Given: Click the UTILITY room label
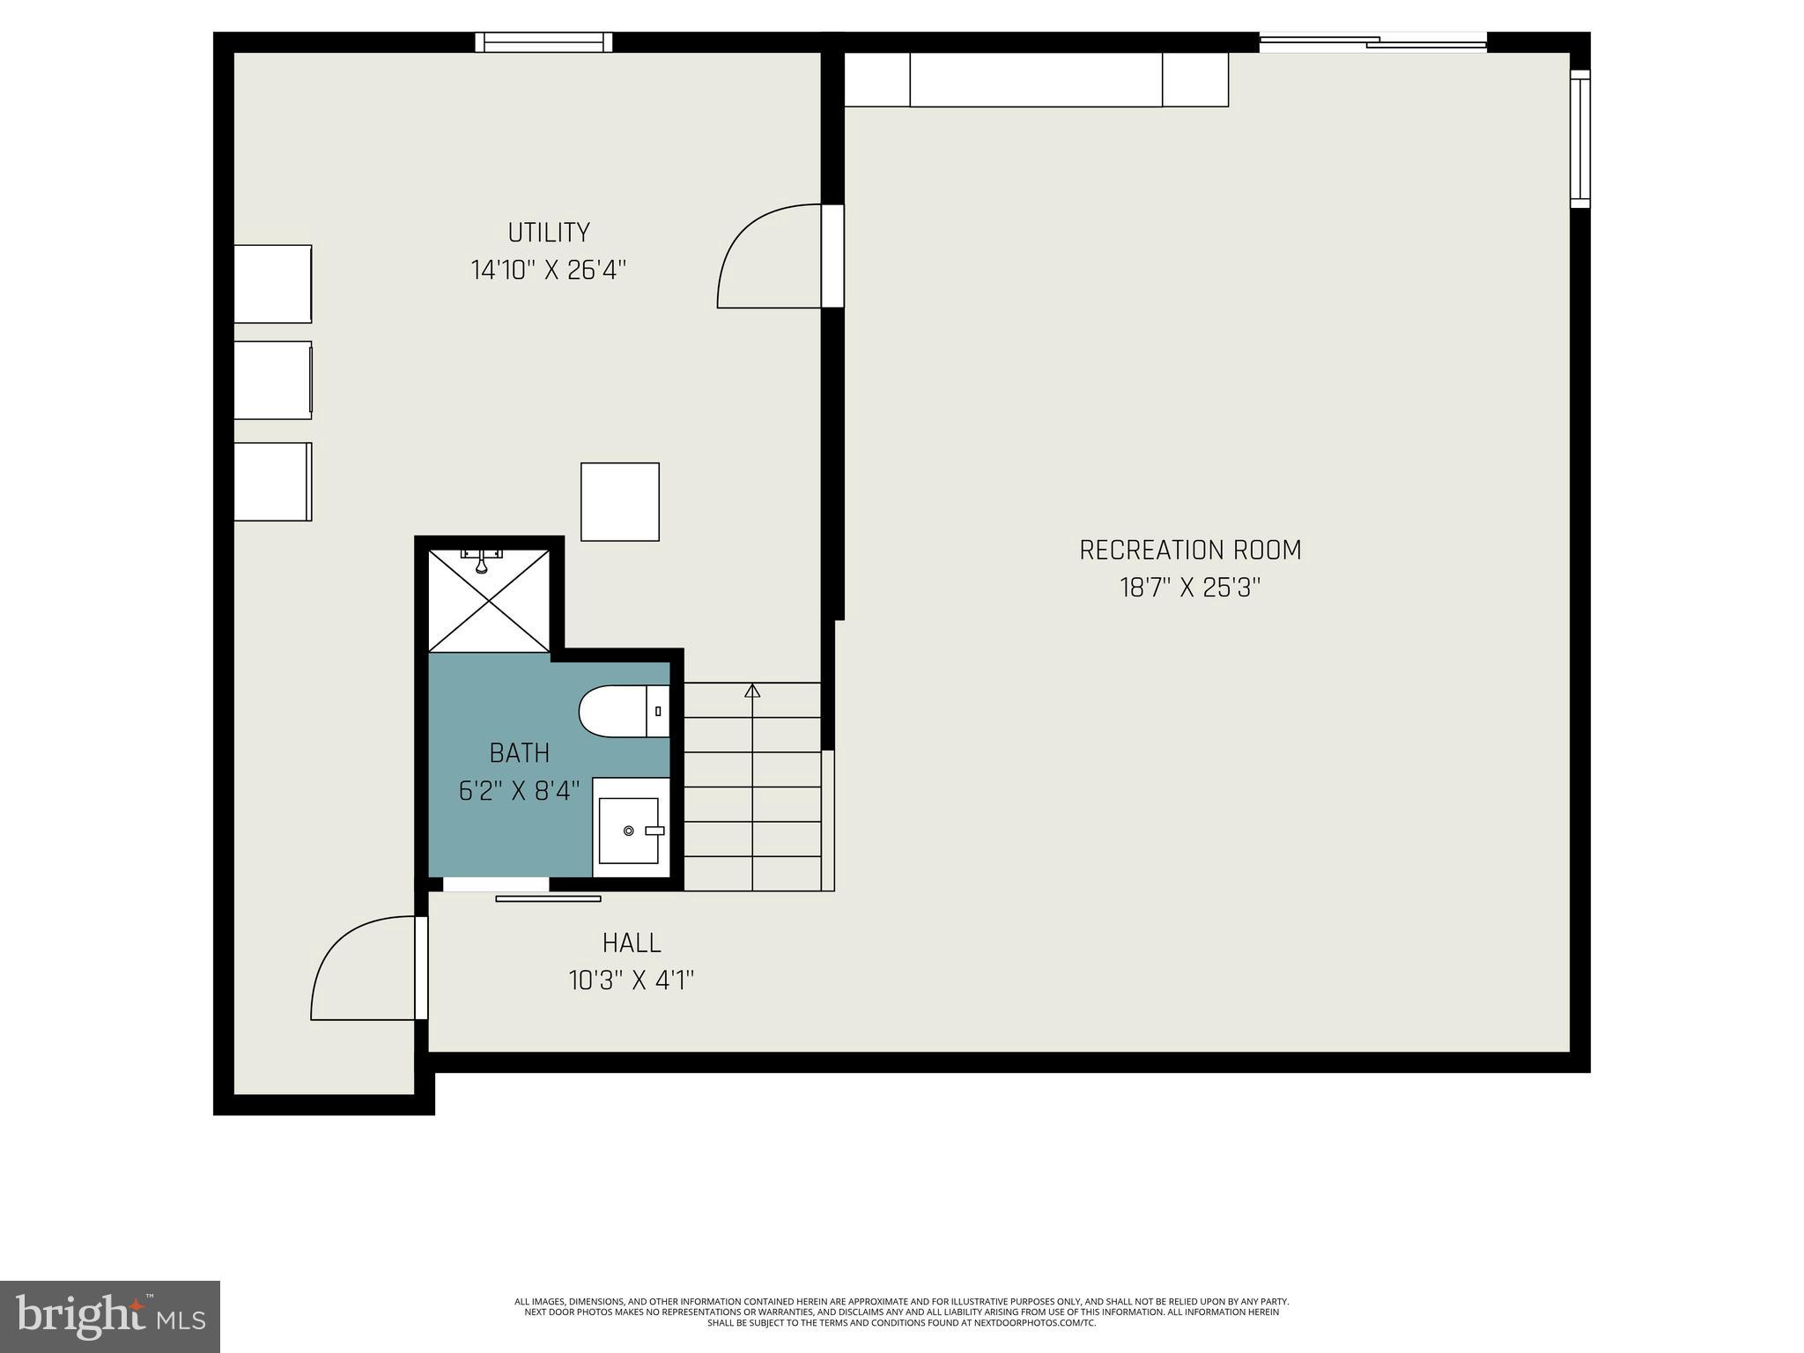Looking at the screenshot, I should click(548, 233).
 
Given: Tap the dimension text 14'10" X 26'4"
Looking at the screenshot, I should click(548, 270).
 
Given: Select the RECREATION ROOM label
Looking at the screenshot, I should click(1190, 550).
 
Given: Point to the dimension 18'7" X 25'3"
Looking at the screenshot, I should click(1190, 588).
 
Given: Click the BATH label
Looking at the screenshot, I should click(520, 753).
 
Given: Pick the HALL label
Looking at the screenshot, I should click(632, 943).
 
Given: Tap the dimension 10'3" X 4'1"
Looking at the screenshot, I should click(632, 980).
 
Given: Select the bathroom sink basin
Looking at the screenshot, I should click(628, 831).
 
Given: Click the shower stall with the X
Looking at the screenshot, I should click(489, 601).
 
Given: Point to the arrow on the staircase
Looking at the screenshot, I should click(752, 691).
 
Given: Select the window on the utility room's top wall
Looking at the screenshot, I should click(543, 42).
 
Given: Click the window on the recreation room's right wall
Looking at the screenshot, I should click(1580, 139).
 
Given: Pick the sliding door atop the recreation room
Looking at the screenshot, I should click(1372, 41).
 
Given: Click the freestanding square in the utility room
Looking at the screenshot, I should click(620, 501).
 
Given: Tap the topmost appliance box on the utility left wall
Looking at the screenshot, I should click(272, 284).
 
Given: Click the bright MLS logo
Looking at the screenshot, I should click(109, 1316).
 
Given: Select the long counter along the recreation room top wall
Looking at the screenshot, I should click(1036, 79).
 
